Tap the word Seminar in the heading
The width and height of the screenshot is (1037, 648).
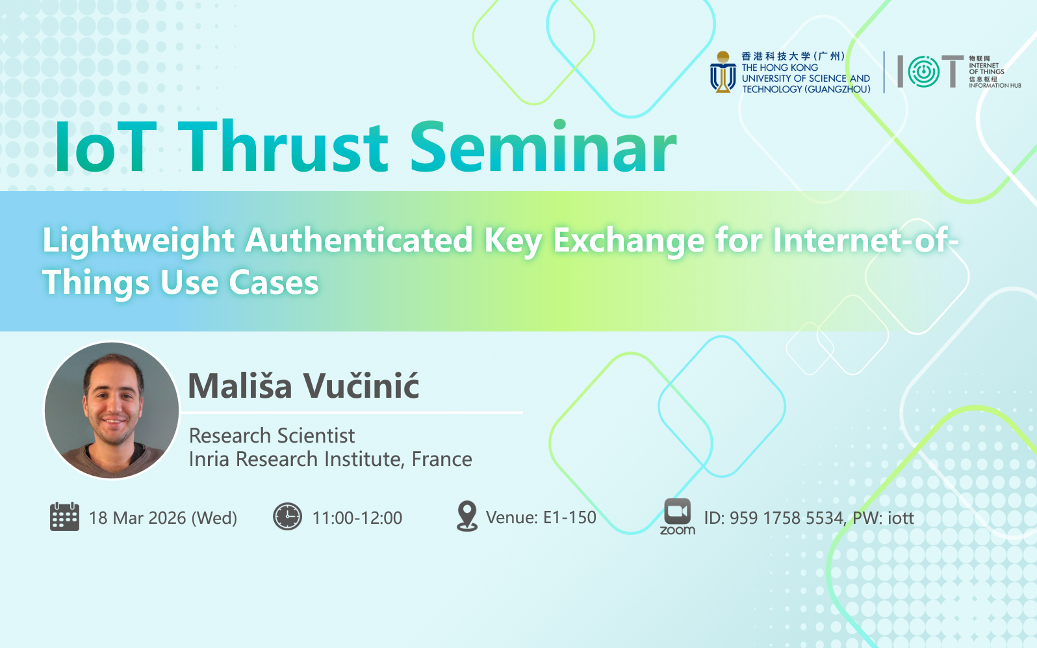(543, 147)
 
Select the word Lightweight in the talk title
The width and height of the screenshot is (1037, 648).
(138, 242)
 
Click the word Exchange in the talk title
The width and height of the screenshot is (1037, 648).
(629, 242)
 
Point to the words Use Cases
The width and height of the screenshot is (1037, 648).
(239, 282)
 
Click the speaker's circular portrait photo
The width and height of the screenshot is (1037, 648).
(112, 410)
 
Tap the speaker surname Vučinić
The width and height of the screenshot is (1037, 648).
(361, 385)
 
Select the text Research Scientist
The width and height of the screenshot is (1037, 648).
(272, 435)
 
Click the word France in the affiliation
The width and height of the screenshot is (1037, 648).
(442, 459)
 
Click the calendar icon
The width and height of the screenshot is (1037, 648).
(64, 516)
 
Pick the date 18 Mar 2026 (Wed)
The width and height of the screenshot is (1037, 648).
(163, 518)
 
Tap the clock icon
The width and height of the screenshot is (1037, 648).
(287, 516)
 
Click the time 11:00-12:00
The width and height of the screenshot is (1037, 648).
(357, 518)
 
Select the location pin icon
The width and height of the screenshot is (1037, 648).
(467, 515)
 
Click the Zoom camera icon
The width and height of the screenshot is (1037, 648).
(677, 512)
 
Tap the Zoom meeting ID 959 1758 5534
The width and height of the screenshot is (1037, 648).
(786, 518)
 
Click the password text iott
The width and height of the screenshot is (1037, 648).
(901, 518)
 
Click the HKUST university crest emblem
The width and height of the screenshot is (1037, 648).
(723, 71)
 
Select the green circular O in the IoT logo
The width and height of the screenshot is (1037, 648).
(923, 71)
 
